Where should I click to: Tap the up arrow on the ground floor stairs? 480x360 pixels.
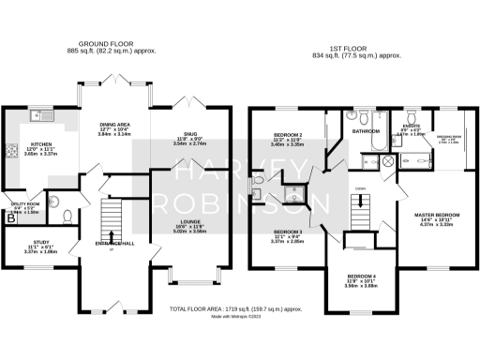(x=112, y=236)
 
